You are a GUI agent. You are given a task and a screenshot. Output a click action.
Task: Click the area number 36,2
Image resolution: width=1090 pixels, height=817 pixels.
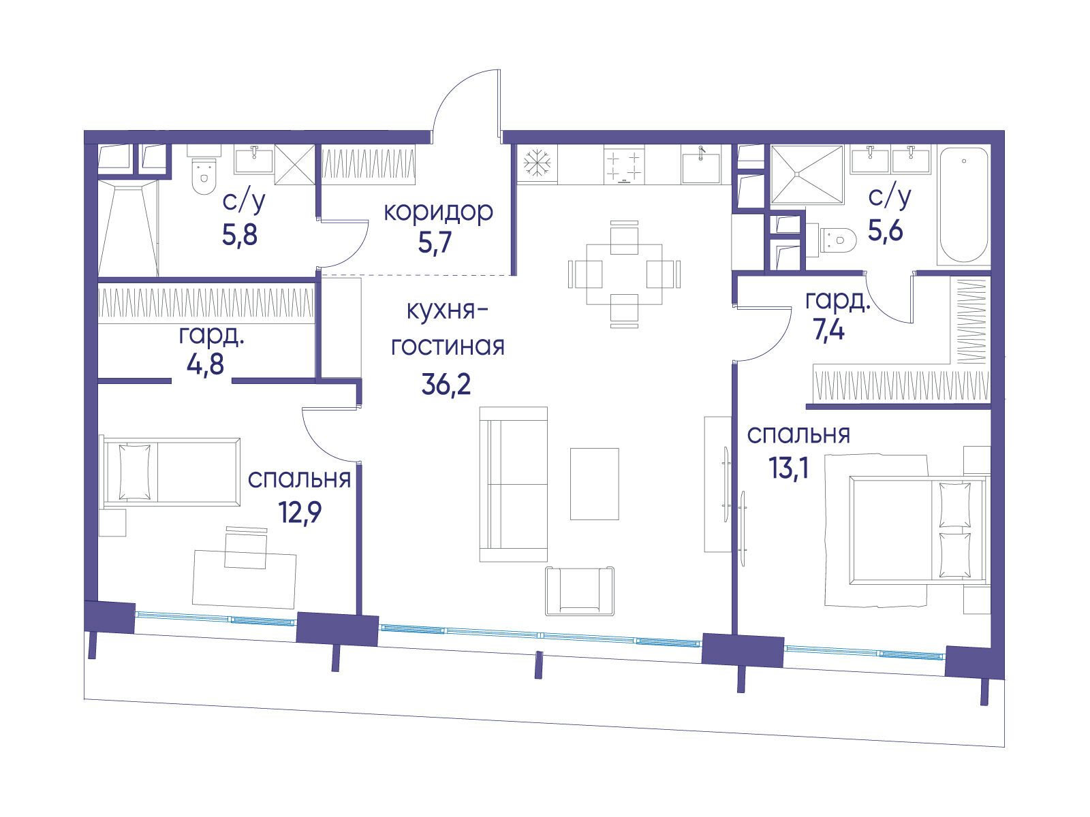tap(446, 384)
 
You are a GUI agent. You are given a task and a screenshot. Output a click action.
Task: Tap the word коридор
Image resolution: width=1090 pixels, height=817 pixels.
tap(439, 212)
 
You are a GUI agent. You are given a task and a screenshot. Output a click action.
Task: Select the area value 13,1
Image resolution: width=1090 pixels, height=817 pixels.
tap(789, 467)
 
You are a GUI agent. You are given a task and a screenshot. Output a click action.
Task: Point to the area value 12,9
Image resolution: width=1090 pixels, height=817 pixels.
tap(300, 512)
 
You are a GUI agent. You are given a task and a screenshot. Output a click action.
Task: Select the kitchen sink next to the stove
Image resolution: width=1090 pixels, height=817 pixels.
tap(701, 165)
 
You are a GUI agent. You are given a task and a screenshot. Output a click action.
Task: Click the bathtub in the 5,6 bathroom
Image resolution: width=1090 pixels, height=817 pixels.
tap(964, 206)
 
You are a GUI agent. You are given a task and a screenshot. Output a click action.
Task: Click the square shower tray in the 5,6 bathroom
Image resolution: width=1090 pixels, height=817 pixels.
tap(807, 174)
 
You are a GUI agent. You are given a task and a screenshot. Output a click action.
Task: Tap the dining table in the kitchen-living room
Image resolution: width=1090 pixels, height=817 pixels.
tap(624, 274)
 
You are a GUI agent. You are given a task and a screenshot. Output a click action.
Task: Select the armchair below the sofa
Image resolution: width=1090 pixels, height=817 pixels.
tap(580, 591)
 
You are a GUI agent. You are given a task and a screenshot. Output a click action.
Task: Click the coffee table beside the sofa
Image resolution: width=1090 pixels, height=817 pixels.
tap(595, 484)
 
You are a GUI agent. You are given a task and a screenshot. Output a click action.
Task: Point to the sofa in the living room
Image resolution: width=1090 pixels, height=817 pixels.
tap(513, 485)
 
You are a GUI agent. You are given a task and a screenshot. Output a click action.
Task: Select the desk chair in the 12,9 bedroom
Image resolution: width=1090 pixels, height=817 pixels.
tap(245, 549)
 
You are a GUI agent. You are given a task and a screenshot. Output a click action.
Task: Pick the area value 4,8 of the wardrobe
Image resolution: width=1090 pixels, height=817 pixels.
tap(205, 365)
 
